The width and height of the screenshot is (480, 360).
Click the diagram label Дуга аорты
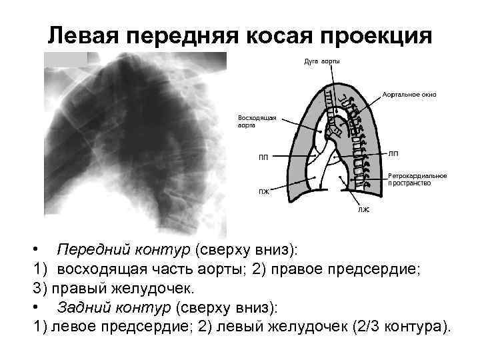[322, 62]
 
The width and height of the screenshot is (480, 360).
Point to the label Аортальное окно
[409, 94]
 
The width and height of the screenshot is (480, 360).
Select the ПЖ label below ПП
[264, 191]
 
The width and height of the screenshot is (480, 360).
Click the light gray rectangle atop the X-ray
[66, 59]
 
